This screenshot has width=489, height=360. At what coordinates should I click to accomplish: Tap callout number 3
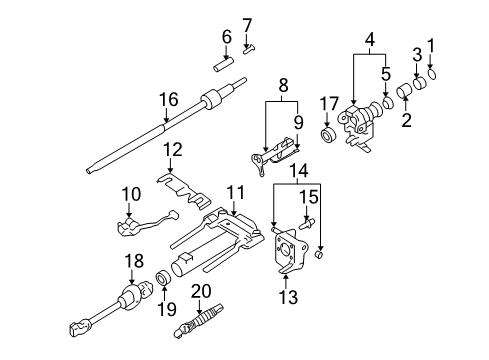417,53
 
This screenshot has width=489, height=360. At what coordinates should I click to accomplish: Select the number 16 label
165,99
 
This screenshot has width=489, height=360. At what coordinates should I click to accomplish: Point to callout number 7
247,23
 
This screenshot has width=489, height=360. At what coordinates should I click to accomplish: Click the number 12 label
172,149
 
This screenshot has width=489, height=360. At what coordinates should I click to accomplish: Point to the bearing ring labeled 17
327,135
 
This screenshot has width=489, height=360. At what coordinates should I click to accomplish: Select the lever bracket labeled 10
139,226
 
